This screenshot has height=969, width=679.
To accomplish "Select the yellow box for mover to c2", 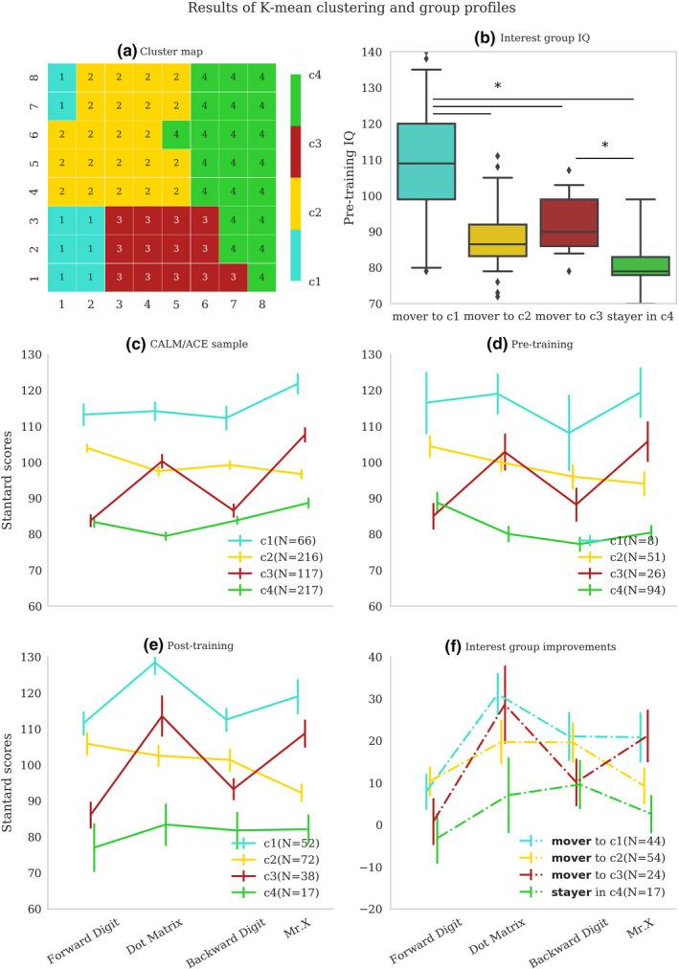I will (x=496, y=239).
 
